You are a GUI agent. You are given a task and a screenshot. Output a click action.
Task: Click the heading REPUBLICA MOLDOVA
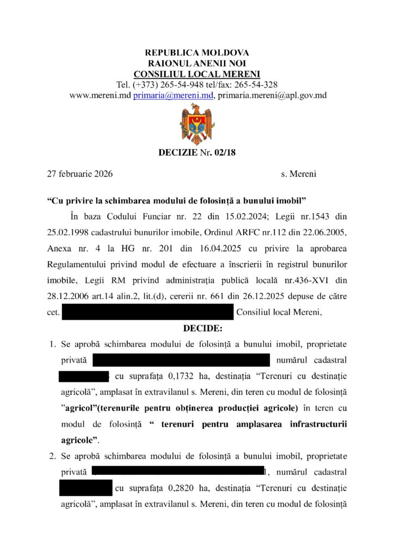click(196, 53)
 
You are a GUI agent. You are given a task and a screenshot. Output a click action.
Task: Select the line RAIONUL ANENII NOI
click(196, 64)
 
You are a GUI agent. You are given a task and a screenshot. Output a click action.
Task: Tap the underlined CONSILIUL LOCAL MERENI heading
click(196, 74)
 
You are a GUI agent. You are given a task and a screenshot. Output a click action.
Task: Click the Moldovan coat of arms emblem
click(196, 124)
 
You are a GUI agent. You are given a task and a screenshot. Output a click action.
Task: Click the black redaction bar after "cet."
click(147, 312)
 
